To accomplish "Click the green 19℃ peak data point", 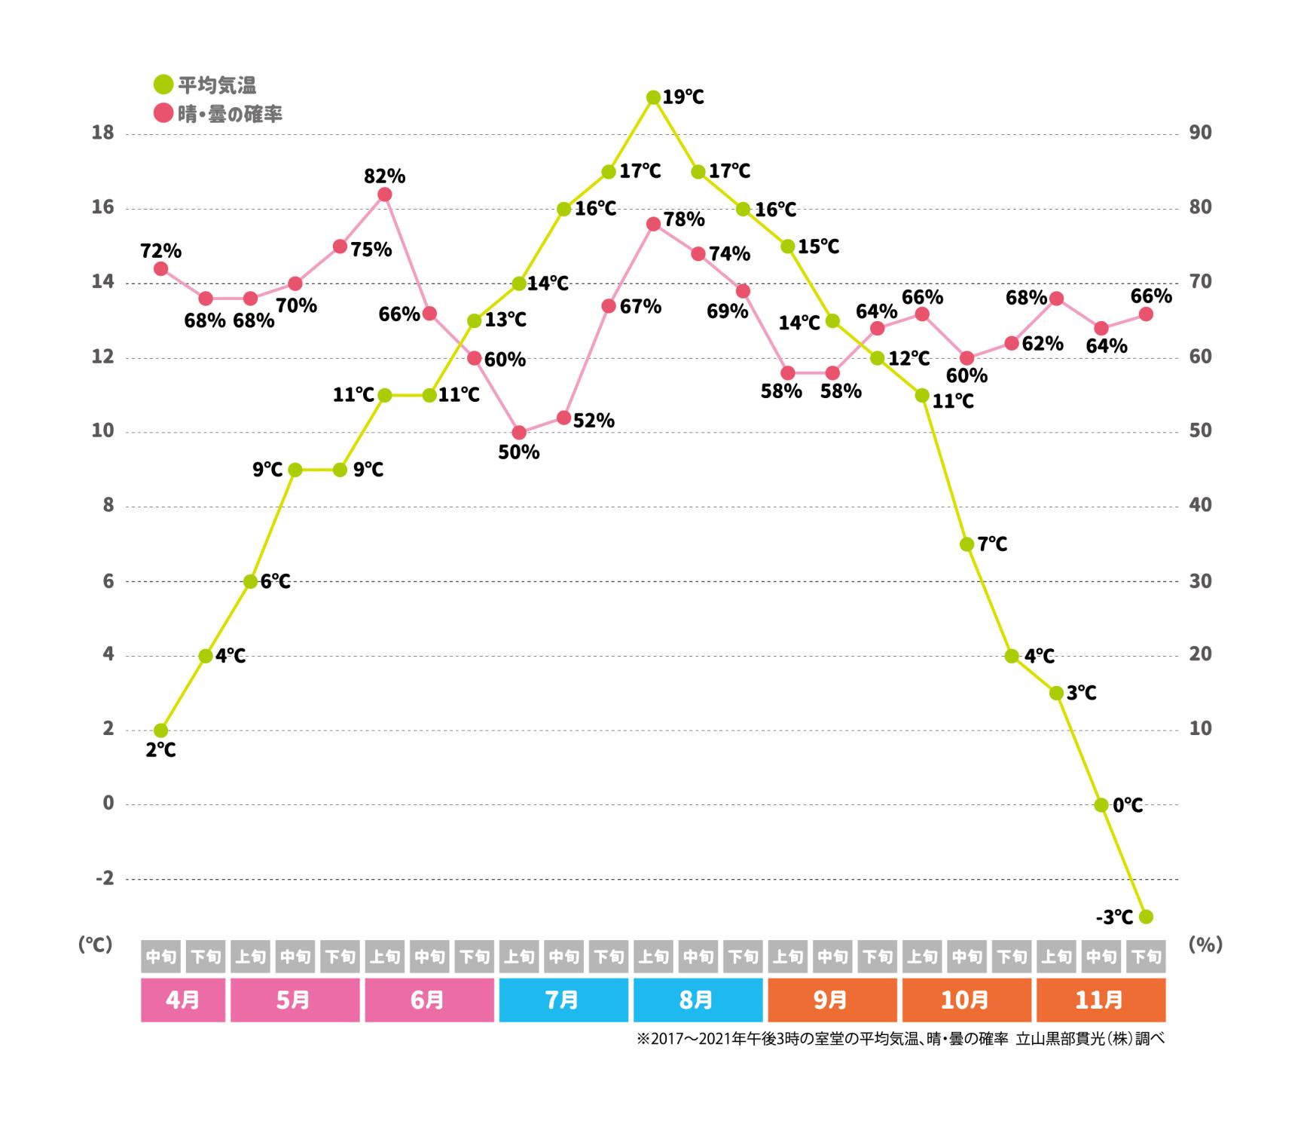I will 653,97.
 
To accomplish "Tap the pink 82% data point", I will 384,194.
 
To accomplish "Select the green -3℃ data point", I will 1146,917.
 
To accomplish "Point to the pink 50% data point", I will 519,433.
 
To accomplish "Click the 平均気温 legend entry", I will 206,85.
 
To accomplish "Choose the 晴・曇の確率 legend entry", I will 218,114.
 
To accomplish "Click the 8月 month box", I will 698,1000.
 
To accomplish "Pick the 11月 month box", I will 1101,1000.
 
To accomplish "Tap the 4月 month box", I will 183,1000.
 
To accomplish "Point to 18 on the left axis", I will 102,133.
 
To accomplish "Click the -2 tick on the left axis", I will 104,879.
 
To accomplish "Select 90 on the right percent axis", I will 1200,133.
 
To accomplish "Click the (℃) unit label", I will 96,945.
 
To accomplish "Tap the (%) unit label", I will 1205,945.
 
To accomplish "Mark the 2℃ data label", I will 160,750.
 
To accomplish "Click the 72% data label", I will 160,250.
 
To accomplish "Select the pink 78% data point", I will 653,224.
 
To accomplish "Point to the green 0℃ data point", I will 1101,805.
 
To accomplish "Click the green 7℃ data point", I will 967,544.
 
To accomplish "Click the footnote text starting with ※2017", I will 901,1039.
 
